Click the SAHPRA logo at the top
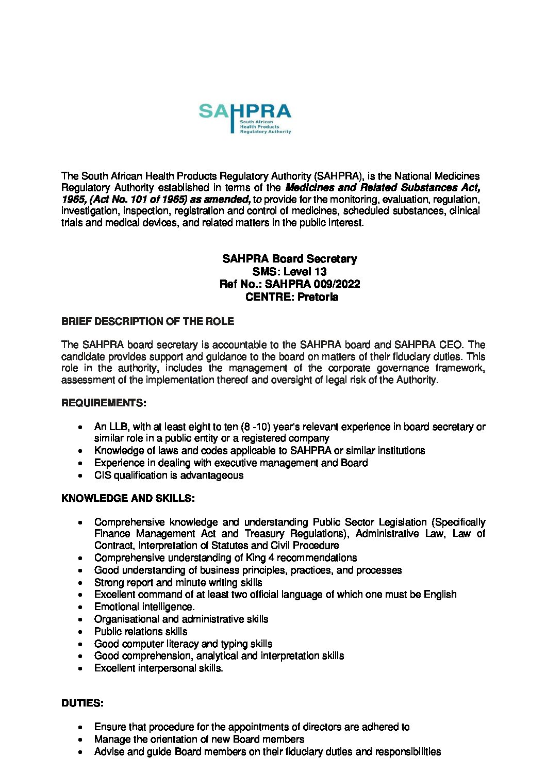click(x=245, y=118)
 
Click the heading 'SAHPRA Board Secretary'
click(x=289, y=259)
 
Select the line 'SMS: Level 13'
click(x=289, y=271)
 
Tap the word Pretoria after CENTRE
click(x=318, y=297)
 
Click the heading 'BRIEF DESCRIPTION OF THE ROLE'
click(x=147, y=321)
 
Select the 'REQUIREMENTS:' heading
click(x=104, y=403)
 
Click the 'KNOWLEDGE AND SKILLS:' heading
click(x=127, y=498)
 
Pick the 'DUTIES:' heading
click(x=82, y=703)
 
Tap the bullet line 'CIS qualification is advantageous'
click(x=169, y=475)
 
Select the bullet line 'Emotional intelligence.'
click(x=144, y=607)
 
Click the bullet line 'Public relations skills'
click(x=141, y=632)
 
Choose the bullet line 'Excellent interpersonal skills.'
click(x=158, y=668)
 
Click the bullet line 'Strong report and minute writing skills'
click(x=178, y=583)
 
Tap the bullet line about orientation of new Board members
click(x=199, y=740)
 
